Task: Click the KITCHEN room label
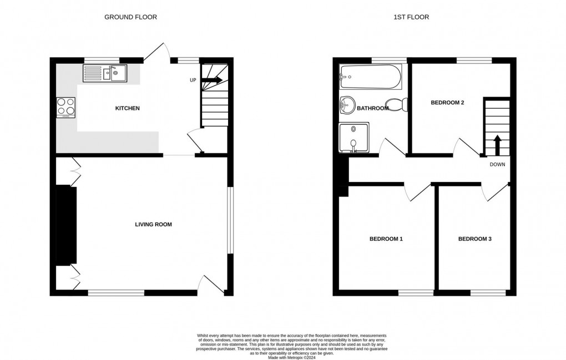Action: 127,108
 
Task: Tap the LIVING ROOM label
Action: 153,224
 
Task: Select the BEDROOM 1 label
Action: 386,239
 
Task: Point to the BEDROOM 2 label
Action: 447,103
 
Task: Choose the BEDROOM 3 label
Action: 474,239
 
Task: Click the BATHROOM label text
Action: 372,108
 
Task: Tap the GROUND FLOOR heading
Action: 130,17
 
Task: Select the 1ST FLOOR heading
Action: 411,17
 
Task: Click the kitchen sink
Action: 105,73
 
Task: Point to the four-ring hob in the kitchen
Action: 66,108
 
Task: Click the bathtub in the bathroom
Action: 370,77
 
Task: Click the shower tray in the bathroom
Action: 354,138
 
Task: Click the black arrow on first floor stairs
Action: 497,145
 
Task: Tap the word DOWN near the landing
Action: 497,165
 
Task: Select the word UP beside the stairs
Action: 193,80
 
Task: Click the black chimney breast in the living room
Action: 67,225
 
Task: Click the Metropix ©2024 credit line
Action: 292,358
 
